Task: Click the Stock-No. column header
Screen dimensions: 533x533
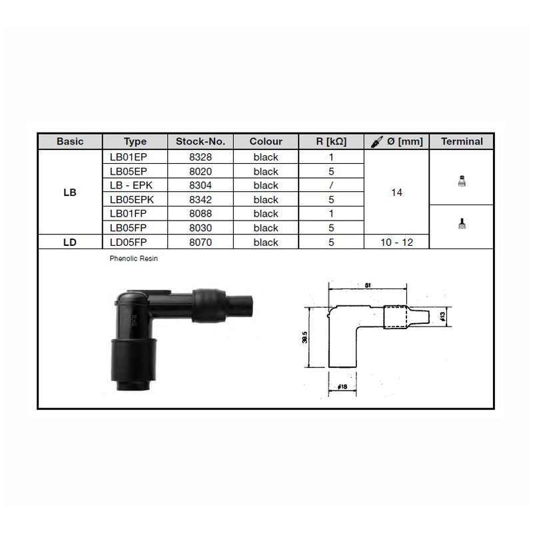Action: tap(201, 141)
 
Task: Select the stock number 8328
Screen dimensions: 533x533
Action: tap(201, 157)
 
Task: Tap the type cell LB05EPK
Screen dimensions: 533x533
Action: tap(131, 199)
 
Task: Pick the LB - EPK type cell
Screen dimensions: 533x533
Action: tap(131, 185)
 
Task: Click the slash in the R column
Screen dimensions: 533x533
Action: tap(331, 185)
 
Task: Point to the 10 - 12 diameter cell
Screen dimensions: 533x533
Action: tap(396, 243)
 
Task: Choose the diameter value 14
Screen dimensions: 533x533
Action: tap(396, 193)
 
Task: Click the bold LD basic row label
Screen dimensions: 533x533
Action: tap(70, 243)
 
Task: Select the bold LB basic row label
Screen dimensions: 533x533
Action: tap(70, 193)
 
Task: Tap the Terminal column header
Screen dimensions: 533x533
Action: tap(462, 141)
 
